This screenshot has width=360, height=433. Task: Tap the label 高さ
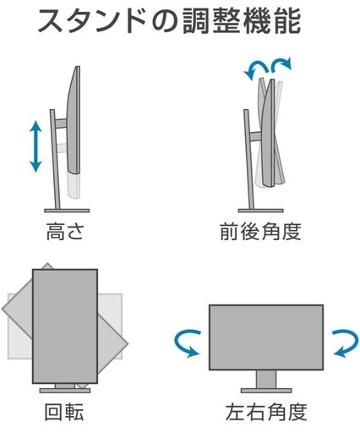pos(65,231)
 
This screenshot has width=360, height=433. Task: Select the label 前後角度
pos(260,231)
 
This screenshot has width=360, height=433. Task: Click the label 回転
pos(64,412)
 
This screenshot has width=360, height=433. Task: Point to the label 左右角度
pos(266,412)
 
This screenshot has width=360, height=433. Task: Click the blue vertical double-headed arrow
pos(35,146)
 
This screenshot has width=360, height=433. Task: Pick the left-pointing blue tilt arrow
pos(255,70)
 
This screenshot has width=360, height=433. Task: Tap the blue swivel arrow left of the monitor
pos(188,344)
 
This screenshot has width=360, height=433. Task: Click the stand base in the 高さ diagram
pos(67,211)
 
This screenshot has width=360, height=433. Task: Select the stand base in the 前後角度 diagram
pos(260,211)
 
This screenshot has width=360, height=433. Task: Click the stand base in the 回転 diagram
pos(65,391)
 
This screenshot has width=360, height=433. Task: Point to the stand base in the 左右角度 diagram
pos(266,391)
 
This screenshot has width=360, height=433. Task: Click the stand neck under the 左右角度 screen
pos(266,379)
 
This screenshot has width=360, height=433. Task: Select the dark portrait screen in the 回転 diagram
pos(65,326)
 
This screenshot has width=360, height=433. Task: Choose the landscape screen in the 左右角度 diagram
pos(266,337)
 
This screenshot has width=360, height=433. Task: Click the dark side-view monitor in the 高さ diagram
pos(74,120)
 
